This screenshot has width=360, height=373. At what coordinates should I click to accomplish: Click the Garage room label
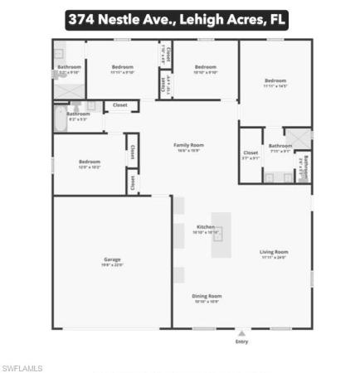[112, 259]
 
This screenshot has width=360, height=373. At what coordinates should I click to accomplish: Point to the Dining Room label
[207, 295]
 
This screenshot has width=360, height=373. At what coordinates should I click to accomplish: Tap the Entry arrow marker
[242, 332]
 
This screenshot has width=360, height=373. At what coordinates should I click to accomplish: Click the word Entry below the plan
[242, 341]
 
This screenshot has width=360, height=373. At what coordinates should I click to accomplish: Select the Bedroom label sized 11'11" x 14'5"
[275, 81]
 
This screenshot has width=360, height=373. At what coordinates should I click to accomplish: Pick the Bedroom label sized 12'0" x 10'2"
[90, 162]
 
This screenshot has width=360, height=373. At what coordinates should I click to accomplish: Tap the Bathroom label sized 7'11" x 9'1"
[280, 146]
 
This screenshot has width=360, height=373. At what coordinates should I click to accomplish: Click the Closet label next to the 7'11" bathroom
[251, 153]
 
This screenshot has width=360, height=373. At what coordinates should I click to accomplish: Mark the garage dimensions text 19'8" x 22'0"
[112, 265]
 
